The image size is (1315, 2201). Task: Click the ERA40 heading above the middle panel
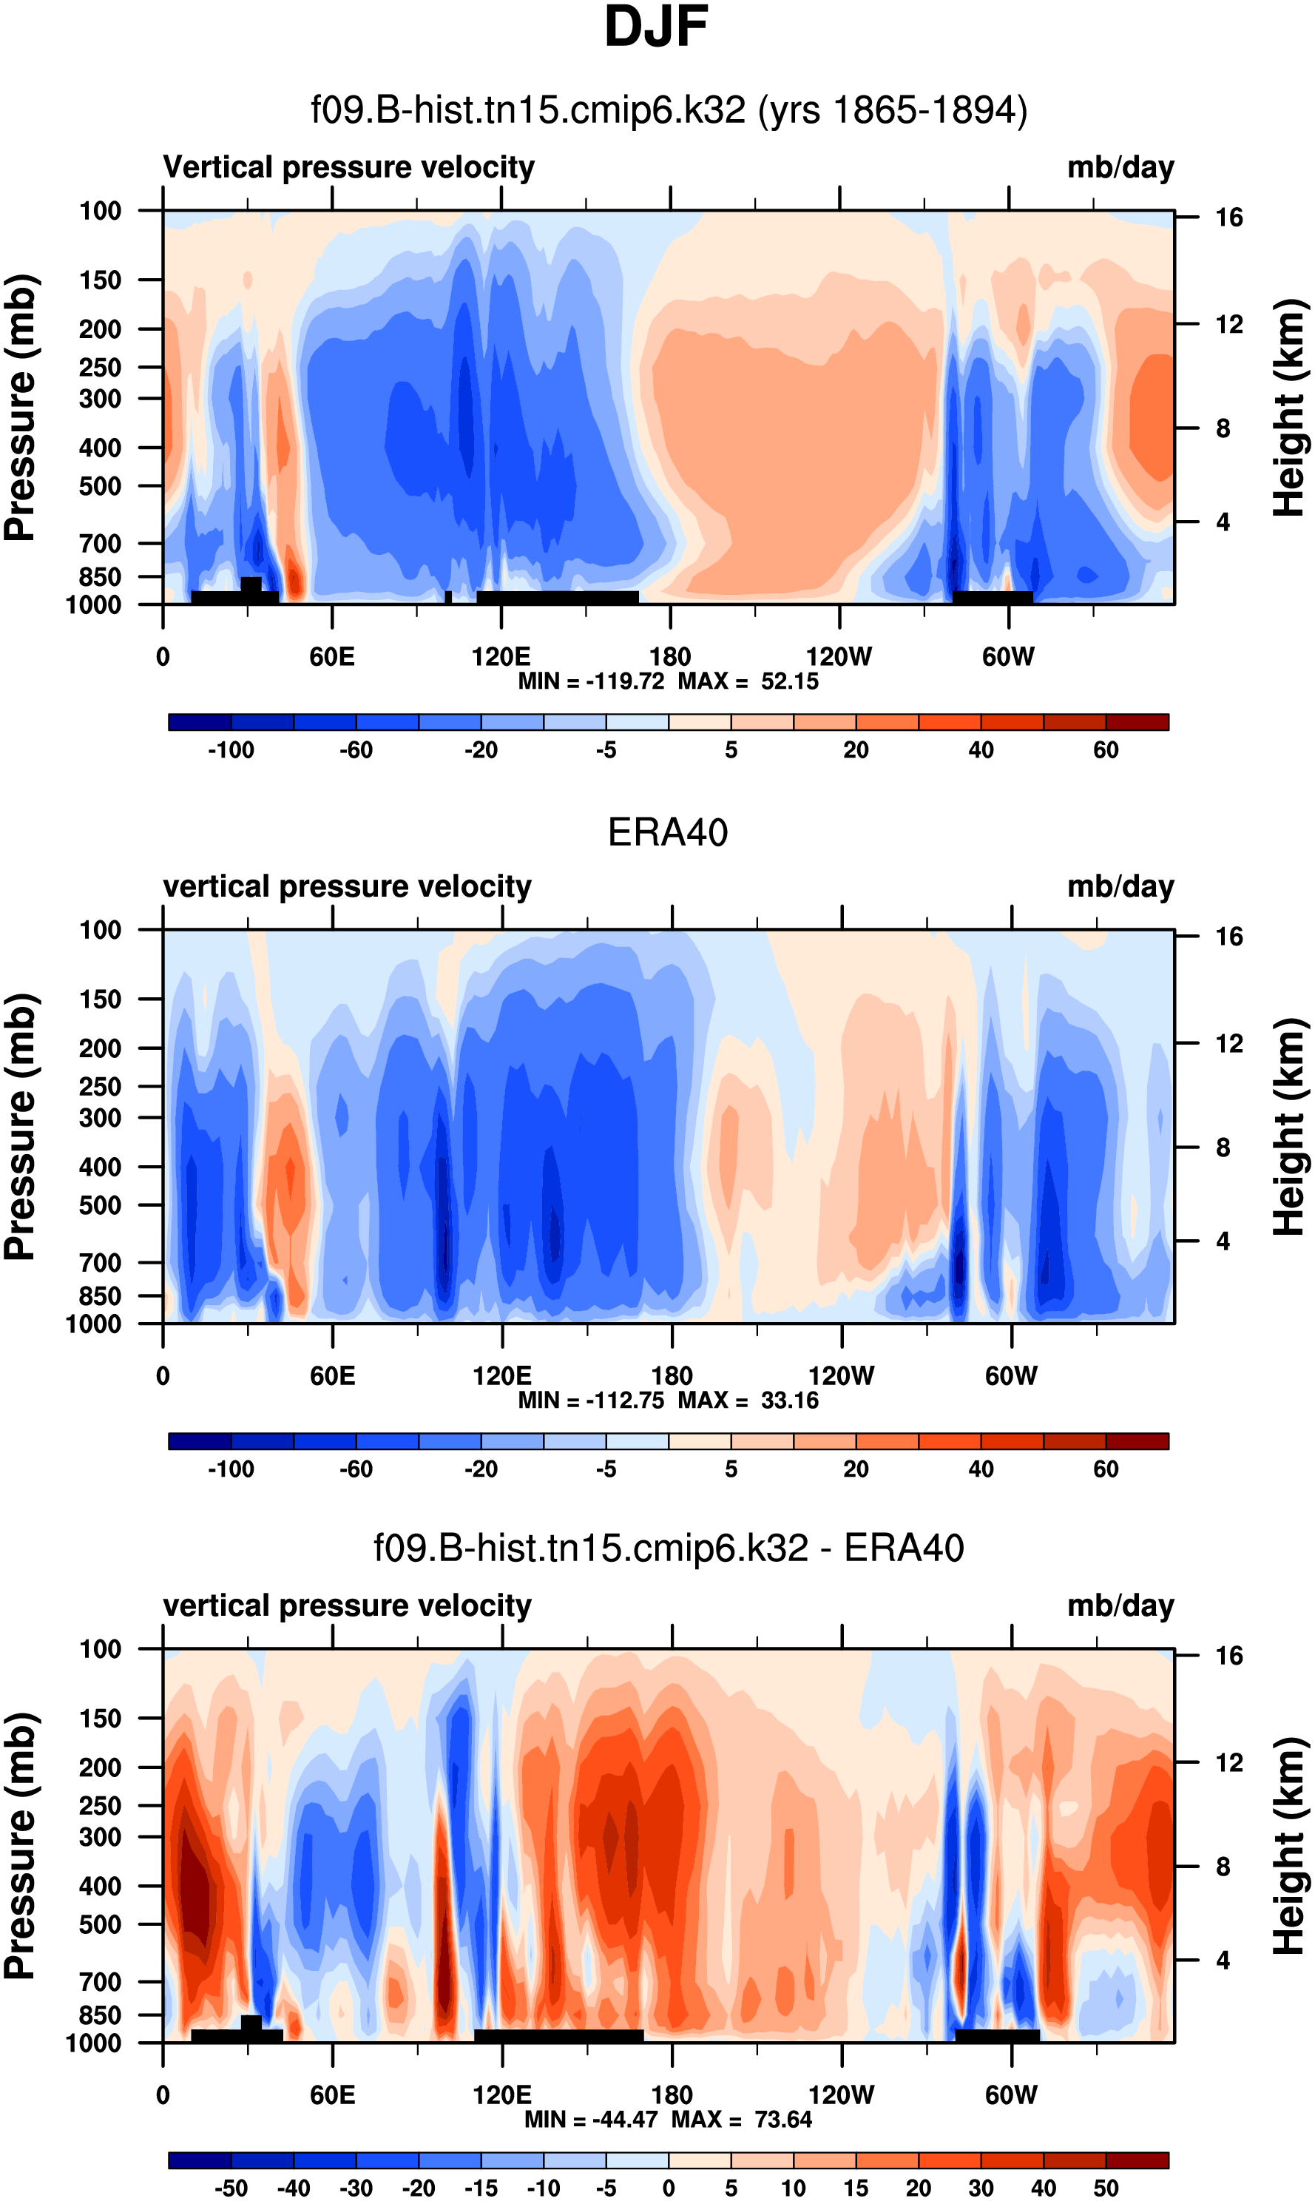[667, 832]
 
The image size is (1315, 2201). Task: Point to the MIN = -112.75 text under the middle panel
[591, 1401]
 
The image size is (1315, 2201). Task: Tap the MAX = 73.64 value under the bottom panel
[742, 2120]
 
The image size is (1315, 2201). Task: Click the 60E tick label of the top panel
[332, 657]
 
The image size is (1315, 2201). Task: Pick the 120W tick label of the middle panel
[841, 1376]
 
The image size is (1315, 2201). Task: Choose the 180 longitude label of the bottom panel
[671, 2094]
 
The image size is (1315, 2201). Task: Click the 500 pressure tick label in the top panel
[100, 487]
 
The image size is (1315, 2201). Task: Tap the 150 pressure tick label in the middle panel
[100, 999]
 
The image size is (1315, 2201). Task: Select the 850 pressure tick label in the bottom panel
[100, 2015]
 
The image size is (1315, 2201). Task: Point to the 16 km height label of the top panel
[1228, 218]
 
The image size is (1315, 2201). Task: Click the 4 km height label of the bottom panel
[1223, 1960]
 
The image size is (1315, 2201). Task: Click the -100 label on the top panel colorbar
[231, 750]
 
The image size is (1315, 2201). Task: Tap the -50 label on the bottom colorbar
[231, 2188]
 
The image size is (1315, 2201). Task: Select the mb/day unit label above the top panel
[1120, 167]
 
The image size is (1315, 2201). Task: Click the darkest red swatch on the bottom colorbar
[1137, 2160]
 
